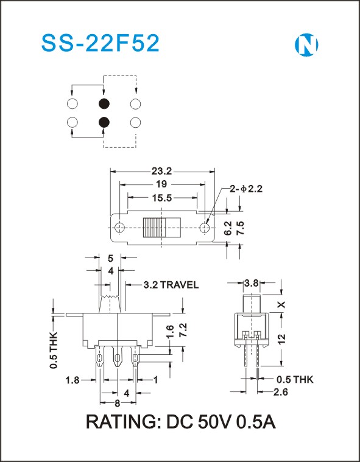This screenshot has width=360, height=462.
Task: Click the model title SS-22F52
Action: pyautogui.click(x=101, y=43)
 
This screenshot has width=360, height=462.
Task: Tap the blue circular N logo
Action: pyautogui.click(x=306, y=45)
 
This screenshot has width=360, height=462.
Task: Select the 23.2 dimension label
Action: pyautogui.click(x=161, y=171)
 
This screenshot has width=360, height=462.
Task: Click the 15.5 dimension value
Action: pyautogui.click(x=162, y=198)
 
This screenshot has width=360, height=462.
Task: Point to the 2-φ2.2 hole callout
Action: pyautogui.click(x=246, y=189)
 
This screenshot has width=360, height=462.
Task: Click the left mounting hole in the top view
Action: pyautogui.click(x=119, y=227)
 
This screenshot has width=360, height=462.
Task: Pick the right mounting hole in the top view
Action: pyautogui.click(x=204, y=227)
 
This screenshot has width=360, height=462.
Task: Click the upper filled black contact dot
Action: pyautogui.click(x=104, y=103)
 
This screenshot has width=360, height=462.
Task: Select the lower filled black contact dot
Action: pyautogui.click(x=104, y=122)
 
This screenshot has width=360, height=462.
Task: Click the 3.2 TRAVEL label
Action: pyautogui.click(x=171, y=285)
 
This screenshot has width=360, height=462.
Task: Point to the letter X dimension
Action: pyautogui.click(x=282, y=304)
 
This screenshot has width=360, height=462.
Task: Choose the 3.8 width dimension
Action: pyautogui.click(x=252, y=283)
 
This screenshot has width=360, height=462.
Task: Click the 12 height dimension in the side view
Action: pyautogui.click(x=282, y=340)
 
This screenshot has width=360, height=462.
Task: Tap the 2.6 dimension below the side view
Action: pyautogui.click(x=280, y=392)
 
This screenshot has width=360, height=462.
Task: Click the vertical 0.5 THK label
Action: pyautogui.click(x=54, y=350)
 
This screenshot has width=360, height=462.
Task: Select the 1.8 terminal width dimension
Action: pyautogui.click(x=72, y=380)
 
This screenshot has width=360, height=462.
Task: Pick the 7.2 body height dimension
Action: pyautogui.click(x=183, y=331)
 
